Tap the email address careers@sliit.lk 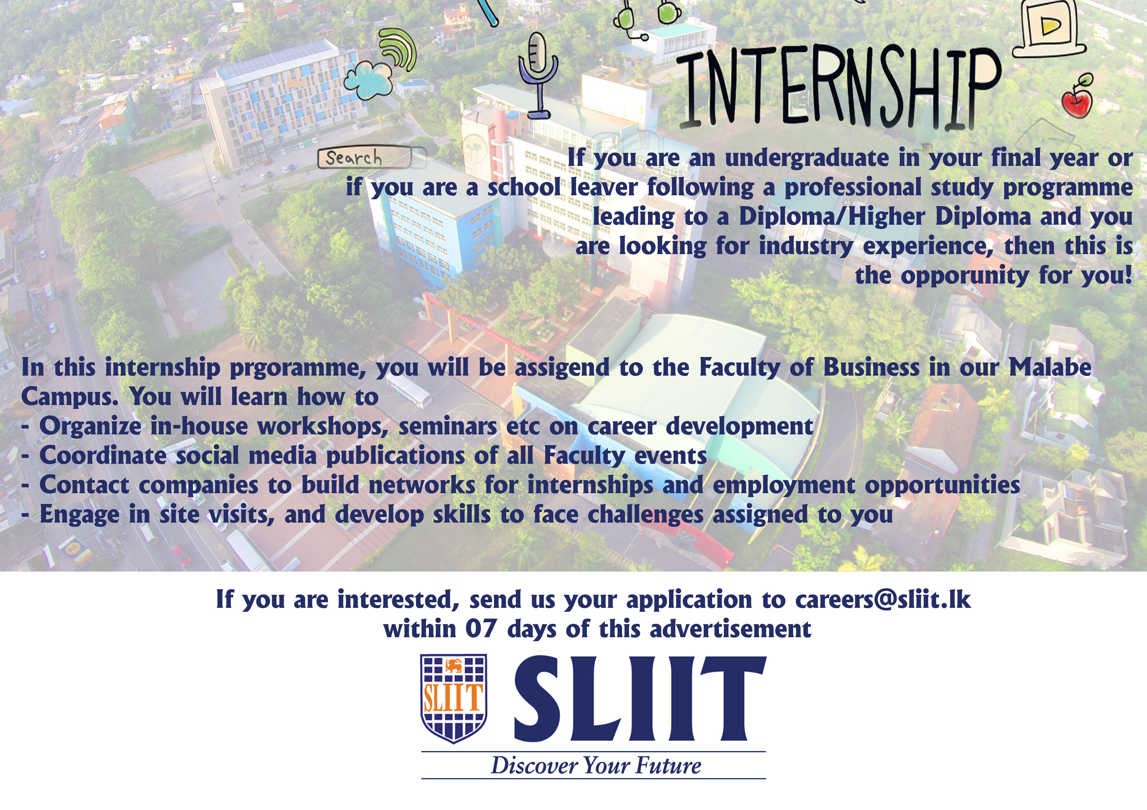click(883, 599)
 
